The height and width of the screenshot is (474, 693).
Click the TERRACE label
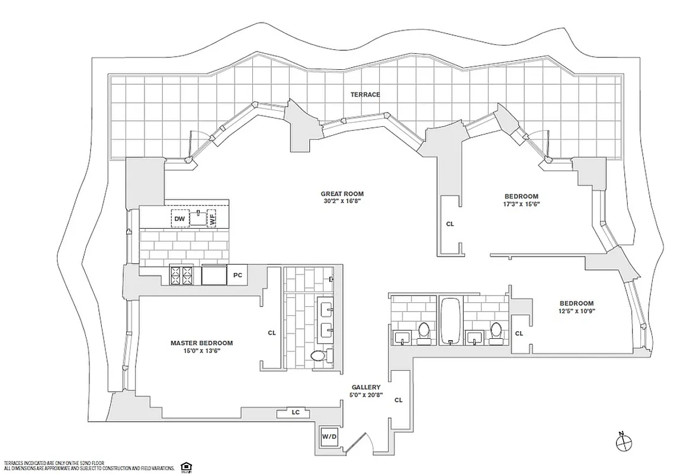(x=365, y=94)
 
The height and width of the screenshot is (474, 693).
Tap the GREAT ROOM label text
(x=342, y=194)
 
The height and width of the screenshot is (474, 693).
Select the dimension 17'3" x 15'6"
(x=521, y=204)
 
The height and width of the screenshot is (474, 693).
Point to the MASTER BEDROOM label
(x=201, y=343)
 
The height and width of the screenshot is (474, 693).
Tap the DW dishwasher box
(x=179, y=219)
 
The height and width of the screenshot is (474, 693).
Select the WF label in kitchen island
(x=212, y=219)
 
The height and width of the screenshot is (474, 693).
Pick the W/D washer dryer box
(x=329, y=437)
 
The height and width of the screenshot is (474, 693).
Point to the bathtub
(x=451, y=321)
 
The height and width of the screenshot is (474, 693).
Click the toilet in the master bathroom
(x=318, y=355)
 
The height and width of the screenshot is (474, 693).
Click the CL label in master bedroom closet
(x=272, y=333)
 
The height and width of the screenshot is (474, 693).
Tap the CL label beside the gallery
(x=399, y=400)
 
